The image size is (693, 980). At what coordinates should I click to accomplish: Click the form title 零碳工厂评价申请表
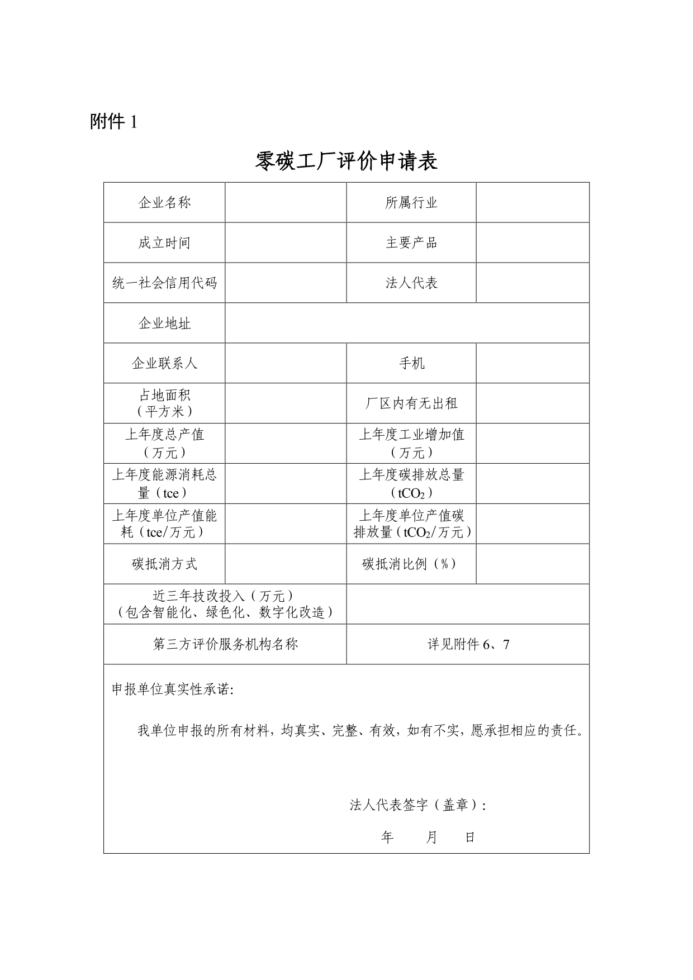coord(346,161)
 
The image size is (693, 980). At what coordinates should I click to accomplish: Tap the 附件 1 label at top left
coord(113,122)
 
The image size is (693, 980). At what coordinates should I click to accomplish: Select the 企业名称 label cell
coord(164,202)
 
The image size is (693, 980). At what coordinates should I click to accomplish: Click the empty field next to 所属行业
coord(533,202)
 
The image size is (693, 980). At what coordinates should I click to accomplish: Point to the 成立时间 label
coord(164,242)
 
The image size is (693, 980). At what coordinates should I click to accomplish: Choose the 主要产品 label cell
coord(411,242)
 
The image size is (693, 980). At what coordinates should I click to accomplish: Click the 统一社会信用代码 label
coord(164,283)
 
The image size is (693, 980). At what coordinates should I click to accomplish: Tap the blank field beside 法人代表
coord(533,283)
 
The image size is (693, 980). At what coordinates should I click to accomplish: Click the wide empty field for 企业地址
coord(407,323)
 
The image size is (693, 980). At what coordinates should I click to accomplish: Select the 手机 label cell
coord(411,363)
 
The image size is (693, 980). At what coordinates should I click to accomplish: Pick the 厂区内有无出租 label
coord(411,403)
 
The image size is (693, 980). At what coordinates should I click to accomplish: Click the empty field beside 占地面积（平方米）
coord(286,403)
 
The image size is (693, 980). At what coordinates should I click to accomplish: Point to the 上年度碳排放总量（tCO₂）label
coord(411,483)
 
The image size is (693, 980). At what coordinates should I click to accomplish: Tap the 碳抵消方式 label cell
coord(164,564)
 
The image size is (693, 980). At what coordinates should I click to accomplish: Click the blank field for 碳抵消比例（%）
coord(533,564)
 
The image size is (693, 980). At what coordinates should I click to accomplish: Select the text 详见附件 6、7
coord(468,644)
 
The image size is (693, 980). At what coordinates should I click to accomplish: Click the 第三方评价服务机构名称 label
coord(225,644)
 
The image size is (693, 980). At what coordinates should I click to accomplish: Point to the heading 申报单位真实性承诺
coord(173,689)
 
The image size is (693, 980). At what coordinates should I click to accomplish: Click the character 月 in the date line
coord(431,838)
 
